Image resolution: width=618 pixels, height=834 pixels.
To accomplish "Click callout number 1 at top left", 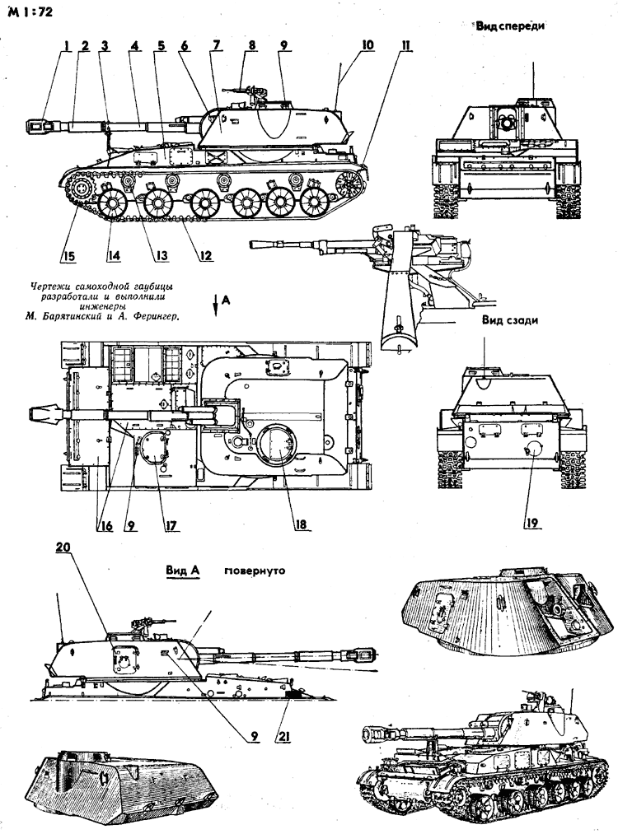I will (x=63, y=47).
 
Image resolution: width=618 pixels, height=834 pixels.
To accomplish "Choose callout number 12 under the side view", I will (x=205, y=255).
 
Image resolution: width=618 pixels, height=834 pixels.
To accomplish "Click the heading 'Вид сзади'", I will (x=510, y=321).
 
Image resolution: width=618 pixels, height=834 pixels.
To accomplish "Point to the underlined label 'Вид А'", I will (x=183, y=570).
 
